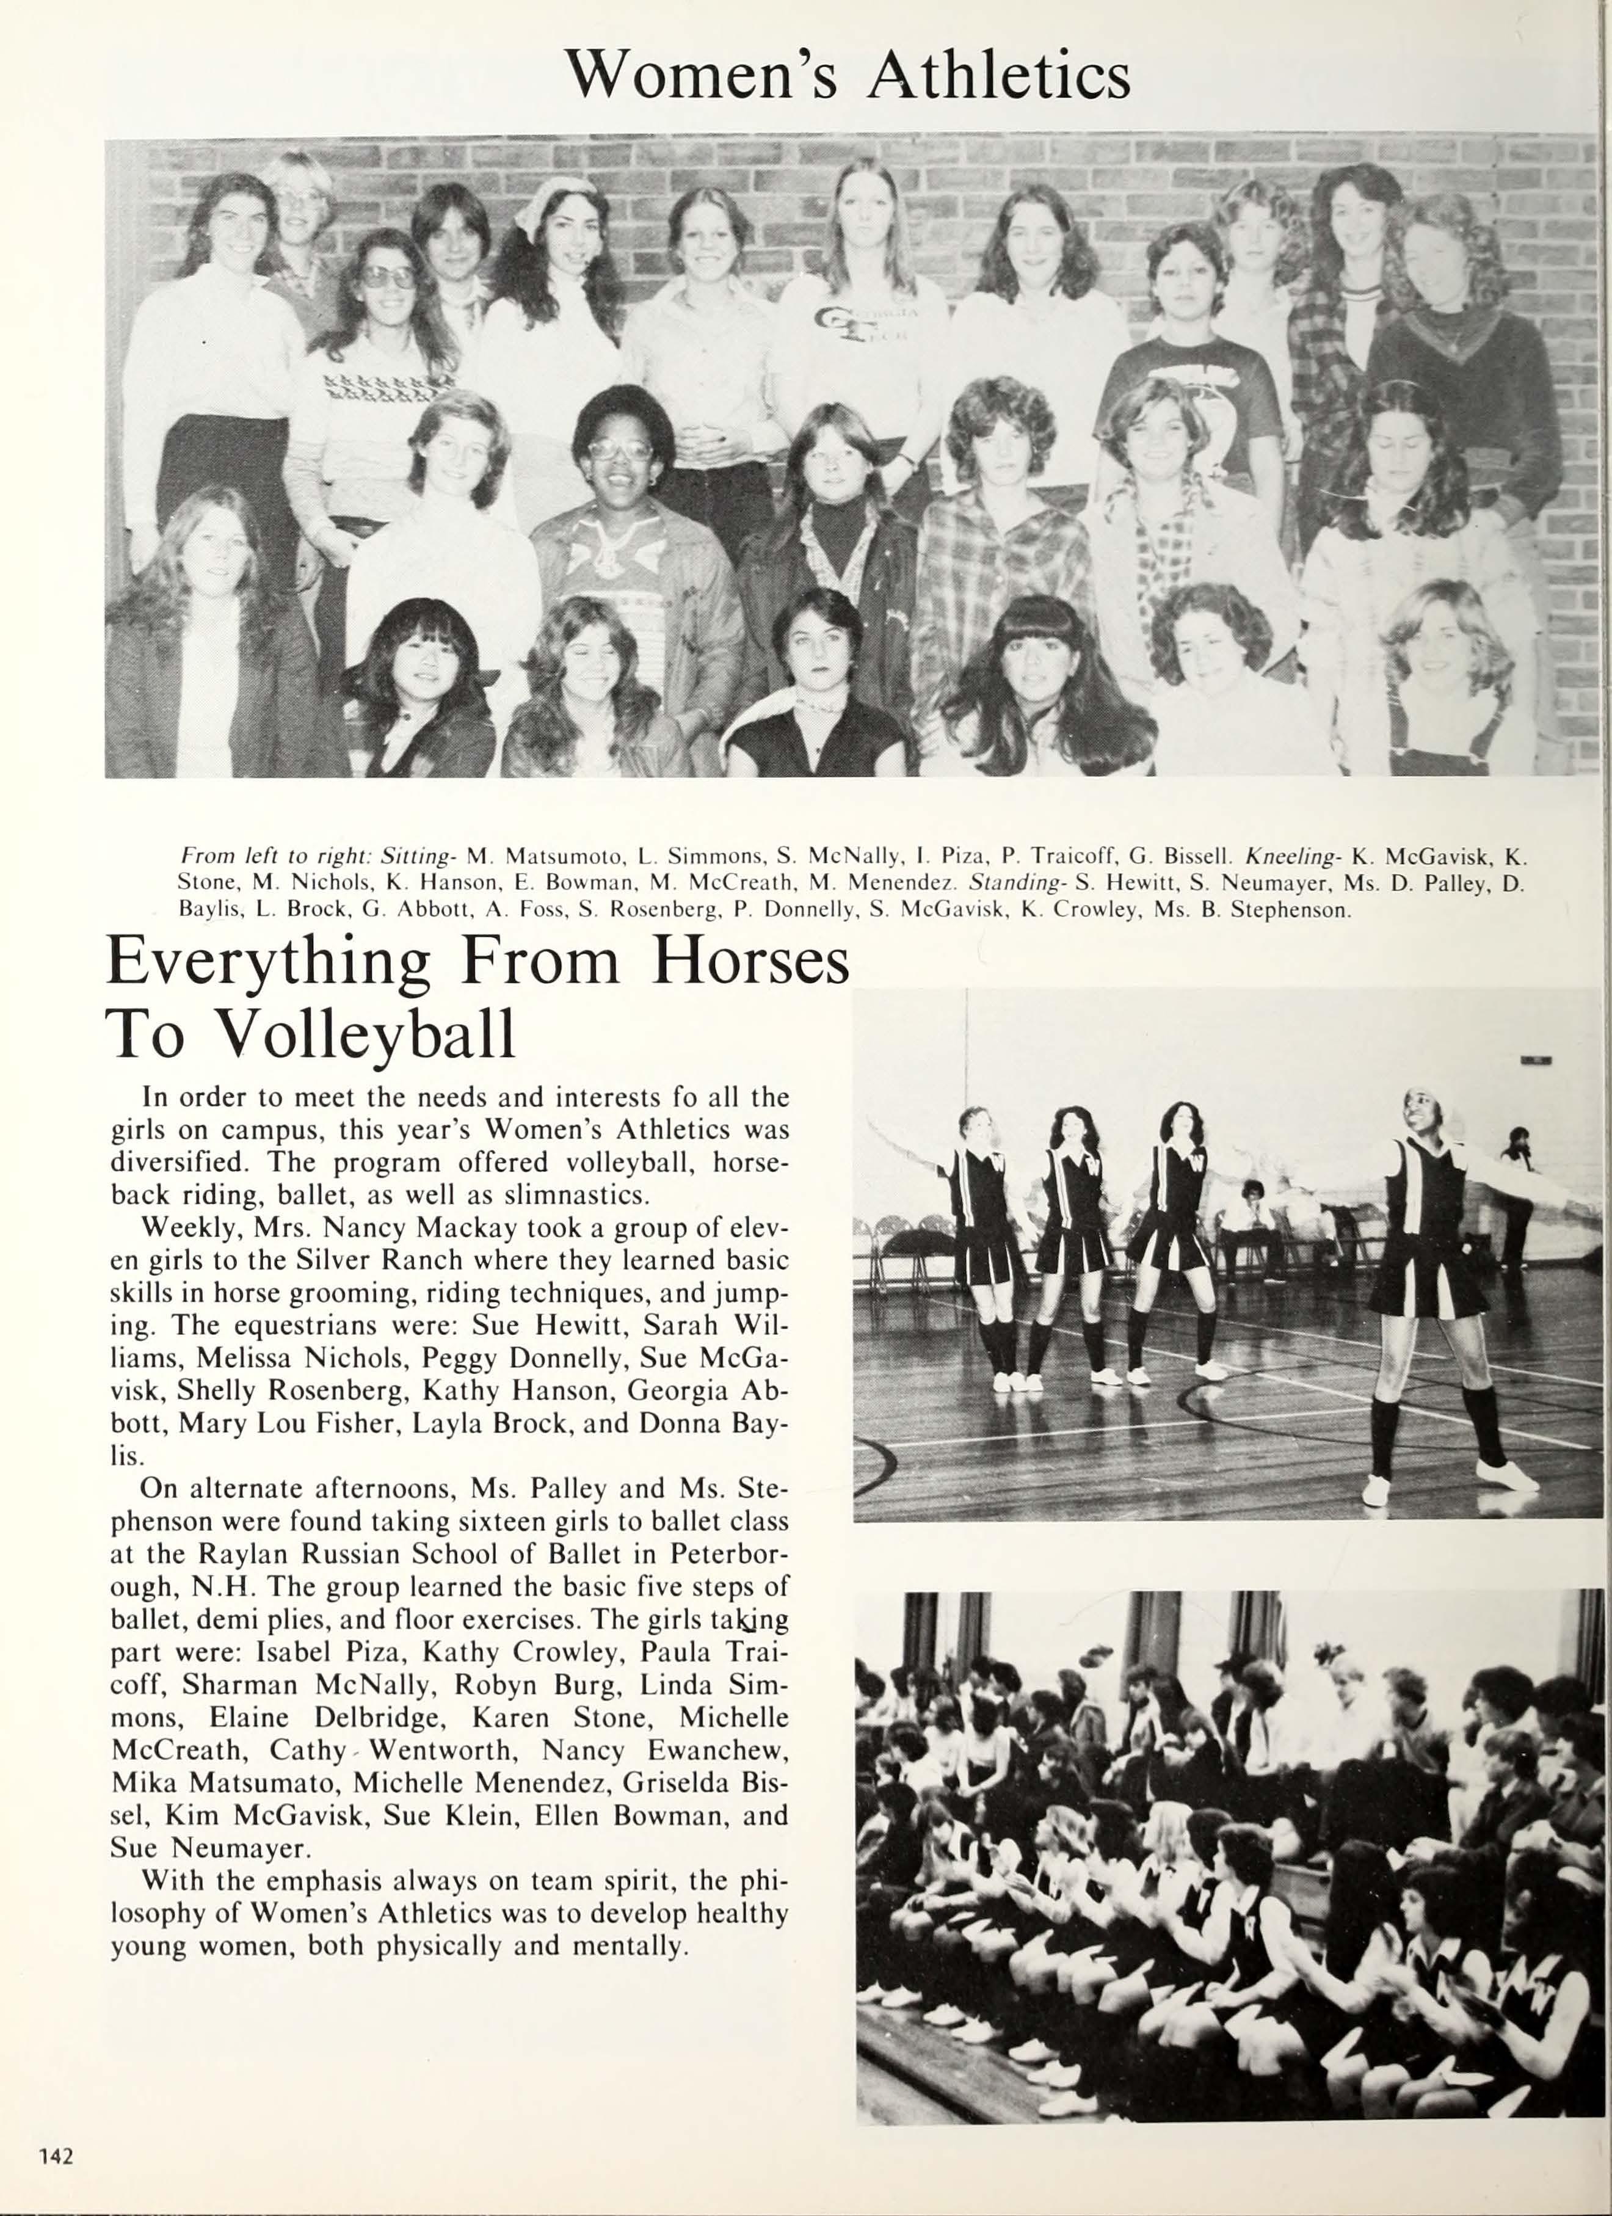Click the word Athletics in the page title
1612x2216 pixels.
[x=998, y=74]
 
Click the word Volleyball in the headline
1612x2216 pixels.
[x=363, y=1034]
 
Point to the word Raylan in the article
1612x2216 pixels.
[x=245, y=1553]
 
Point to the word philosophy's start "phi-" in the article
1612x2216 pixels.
[x=763, y=1881]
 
